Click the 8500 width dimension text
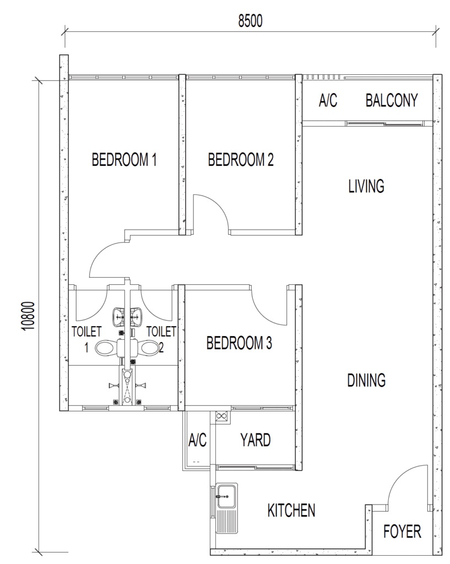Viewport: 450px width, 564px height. [251, 21]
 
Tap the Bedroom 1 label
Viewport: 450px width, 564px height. [124, 160]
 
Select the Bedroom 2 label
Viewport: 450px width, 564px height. [241, 160]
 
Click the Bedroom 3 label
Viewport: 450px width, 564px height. [239, 343]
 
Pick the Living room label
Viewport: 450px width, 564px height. [366, 186]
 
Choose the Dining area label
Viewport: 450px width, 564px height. [366, 380]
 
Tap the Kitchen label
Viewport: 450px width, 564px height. [291, 511]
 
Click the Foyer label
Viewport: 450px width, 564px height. [402, 532]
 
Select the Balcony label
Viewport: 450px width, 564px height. [392, 100]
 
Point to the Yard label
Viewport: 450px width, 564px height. [256, 440]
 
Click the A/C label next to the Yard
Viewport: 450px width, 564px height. [198, 440]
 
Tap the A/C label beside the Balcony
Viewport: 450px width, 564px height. [328, 100]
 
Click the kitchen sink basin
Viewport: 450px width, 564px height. [226, 496]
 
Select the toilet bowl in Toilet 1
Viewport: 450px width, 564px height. [104, 348]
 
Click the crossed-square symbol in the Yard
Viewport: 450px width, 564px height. [220, 416]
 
